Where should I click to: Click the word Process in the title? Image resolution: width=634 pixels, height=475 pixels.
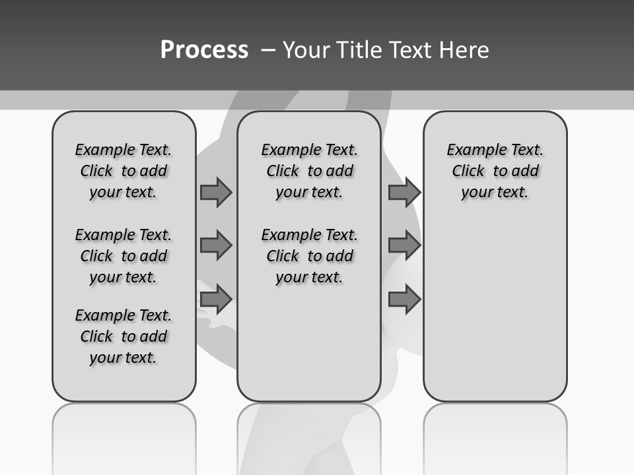coord(204,50)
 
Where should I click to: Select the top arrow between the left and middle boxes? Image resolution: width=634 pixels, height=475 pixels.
coord(216,192)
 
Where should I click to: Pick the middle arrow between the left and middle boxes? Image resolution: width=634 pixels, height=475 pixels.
coord(216,245)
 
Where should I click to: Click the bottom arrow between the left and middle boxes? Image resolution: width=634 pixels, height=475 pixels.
coord(216,299)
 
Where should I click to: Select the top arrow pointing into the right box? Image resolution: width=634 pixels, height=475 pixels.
coord(404,192)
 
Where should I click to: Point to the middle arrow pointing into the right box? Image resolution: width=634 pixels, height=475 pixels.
coord(404,245)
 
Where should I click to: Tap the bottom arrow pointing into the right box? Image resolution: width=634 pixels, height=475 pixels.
coord(404,299)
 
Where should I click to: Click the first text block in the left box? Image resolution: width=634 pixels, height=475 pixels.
coord(123,171)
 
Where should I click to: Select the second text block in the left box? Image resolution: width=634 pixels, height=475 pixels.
coord(123,256)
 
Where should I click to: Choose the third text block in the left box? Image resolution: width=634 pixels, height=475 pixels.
coord(123,336)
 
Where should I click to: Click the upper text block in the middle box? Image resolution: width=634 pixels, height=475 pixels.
coord(309,171)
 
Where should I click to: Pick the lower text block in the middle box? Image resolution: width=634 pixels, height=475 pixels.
coord(309,256)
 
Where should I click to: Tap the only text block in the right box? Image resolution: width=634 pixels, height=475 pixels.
coord(495,171)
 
